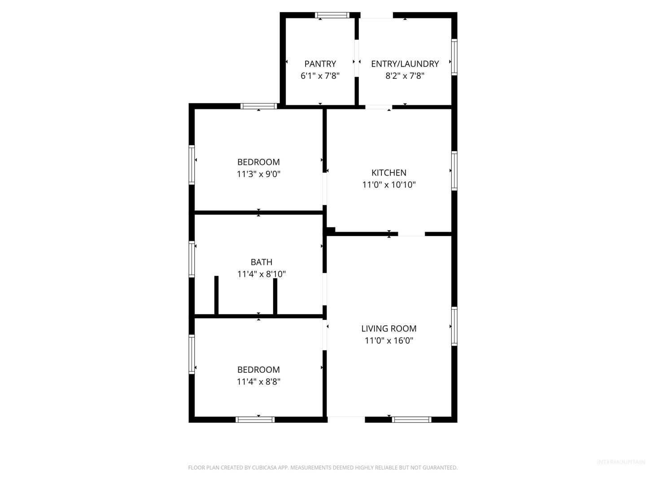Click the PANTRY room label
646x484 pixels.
[320, 64]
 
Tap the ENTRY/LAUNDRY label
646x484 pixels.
[405, 64]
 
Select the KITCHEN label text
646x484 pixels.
[389, 173]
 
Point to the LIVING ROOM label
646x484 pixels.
[389, 328]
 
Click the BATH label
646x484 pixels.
[262, 262]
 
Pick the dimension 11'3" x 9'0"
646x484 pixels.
[258, 174]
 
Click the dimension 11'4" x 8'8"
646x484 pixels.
[258, 381]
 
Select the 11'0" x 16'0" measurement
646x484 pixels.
[389, 340]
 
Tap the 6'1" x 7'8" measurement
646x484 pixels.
[320, 76]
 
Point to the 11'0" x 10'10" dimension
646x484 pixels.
[389, 185]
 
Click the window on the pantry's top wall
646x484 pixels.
[332, 15]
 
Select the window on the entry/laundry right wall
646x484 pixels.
[454, 57]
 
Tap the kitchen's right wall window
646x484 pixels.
[454, 171]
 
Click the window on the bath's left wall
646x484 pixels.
[192, 259]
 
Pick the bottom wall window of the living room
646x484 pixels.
[411, 419]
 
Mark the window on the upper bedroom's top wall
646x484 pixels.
[259, 106]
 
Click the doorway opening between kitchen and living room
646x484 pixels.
[411, 234]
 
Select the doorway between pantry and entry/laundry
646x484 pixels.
[357, 58]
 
